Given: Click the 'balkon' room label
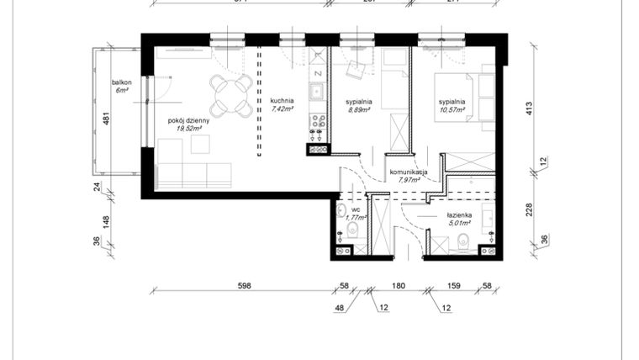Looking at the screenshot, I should coord(123,82).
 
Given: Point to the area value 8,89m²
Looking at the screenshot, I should coord(360,109).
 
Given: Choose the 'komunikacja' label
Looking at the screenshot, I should coord(409,172).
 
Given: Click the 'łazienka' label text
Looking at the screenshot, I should coord(459,215).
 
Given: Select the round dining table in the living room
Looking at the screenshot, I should coord(230,95).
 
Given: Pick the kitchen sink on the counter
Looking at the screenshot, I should coord(318,93).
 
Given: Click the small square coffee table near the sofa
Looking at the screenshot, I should coord(200,145).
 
